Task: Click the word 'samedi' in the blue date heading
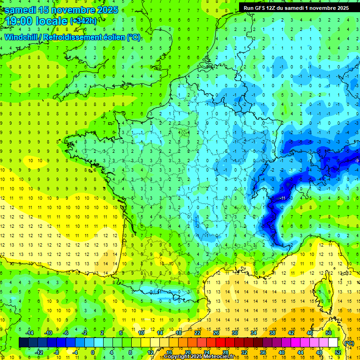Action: [20, 10]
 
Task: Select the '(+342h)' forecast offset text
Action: [83, 21]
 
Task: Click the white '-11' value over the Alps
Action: [282, 199]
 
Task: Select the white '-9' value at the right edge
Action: [357, 161]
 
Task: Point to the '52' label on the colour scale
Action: [337, 353]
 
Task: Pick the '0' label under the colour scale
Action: [93, 353]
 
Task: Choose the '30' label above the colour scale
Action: [235, 332]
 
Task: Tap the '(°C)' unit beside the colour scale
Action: [349, 343]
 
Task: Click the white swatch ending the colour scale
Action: [333, 343]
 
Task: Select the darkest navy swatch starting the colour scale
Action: [23, 343]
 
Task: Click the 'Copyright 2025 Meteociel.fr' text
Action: [199, 357]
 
